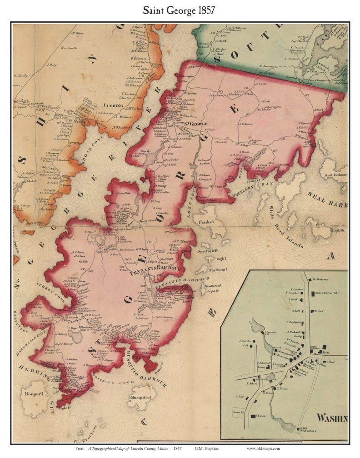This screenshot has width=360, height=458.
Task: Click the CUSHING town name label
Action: pos(111,105)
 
